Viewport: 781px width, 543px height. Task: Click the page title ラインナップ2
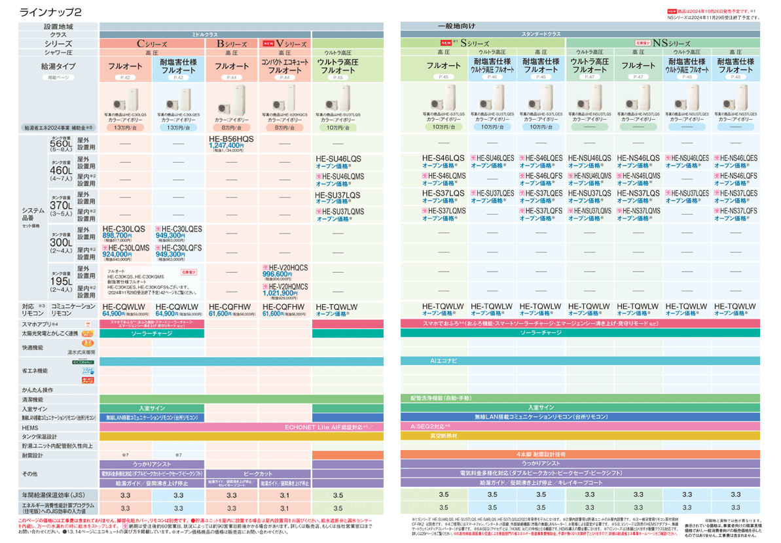(51, 12)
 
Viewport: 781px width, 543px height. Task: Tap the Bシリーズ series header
(232, 43)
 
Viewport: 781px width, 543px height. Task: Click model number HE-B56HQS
(231, 140)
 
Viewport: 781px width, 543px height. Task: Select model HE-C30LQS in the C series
(124, 228)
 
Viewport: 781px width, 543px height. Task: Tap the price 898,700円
(118, 235)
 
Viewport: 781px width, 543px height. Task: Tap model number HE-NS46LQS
(638, 159)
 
